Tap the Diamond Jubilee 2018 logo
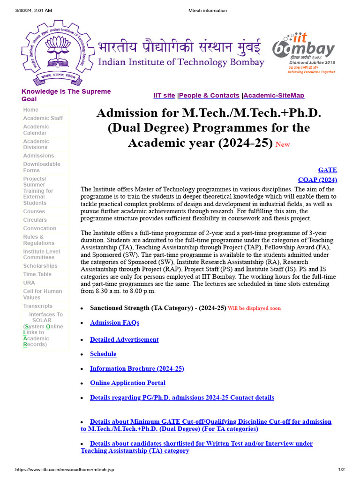tap(304, 52)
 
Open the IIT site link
tap(164, 96)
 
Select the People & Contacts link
tap(209, 96)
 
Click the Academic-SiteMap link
tap(274, 96)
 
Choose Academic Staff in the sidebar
tap(43, 118)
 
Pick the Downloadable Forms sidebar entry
tap(42, 167)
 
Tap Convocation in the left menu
tap(39, 228)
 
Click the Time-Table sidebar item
tap(37, 274)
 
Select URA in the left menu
tap(29, 283)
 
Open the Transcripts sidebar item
tap(38, 306)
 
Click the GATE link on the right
tap(327, 170)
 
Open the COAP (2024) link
tap(317, 180)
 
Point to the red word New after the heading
tap(283, 145)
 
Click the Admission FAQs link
tap(114, 322)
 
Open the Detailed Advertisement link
tap(124, 339)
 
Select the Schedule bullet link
tap(103, 354)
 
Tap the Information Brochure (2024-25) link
tap(137, 368)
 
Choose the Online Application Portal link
tap(127, 383)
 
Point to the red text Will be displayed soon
tap(254, 308)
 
